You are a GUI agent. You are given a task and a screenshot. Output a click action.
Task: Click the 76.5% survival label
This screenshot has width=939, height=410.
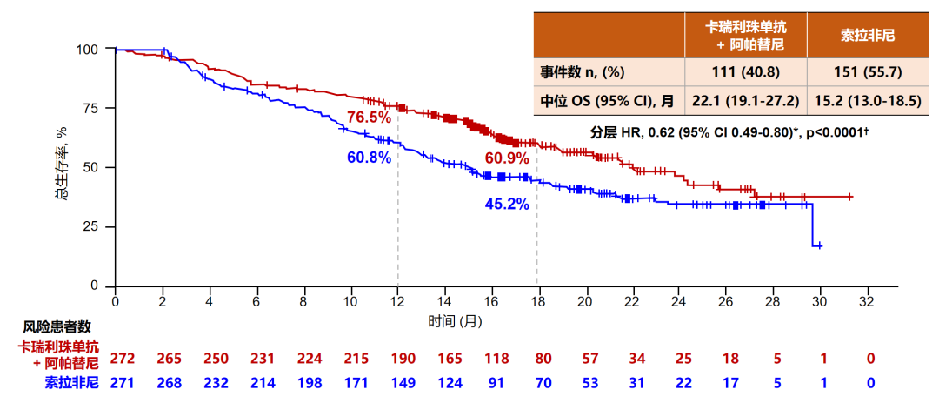[x=369, y=117]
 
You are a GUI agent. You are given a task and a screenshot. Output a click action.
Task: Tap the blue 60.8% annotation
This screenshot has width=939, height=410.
[x=369, y=158]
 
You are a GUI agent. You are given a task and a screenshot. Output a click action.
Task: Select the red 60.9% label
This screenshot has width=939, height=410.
[x=507, y=158]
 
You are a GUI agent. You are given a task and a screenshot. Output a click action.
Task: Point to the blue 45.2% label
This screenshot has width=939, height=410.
[x=507, y=205]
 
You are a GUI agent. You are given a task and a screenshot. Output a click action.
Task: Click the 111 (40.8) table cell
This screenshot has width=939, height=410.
[x=745, y=71]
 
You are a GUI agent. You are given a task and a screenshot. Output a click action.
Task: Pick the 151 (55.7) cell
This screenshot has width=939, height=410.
[x=869, y=71]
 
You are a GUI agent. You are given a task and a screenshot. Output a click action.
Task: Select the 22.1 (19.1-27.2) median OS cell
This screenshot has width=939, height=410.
[x=745, y=100]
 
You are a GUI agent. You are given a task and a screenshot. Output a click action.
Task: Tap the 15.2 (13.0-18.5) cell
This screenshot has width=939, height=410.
[x=869, y=100]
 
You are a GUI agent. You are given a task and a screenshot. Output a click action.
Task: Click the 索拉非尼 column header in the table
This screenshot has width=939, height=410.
[x=869, y=36]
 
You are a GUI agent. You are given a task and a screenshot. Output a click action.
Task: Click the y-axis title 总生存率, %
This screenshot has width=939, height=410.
[x=61, y=166]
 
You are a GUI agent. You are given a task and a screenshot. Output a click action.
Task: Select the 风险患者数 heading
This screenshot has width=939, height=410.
[x=57, y=327]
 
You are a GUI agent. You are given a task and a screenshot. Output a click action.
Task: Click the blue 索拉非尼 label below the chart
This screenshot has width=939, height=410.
[x=71, y=382]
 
